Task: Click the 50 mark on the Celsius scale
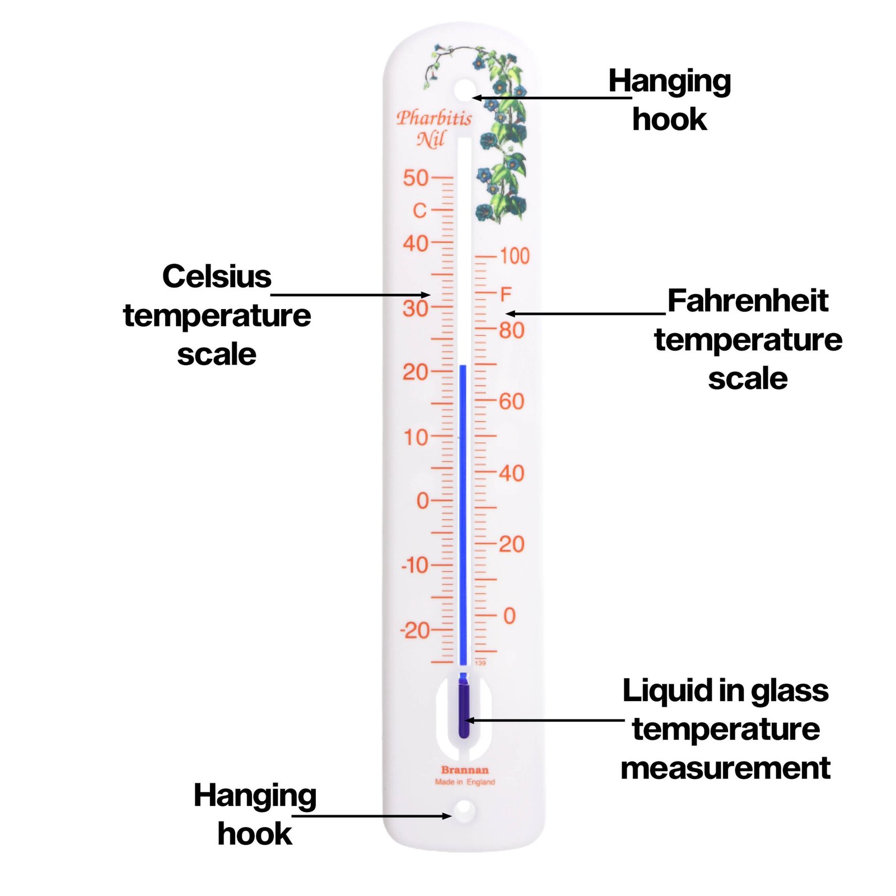click(416, 178)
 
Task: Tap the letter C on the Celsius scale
click(419, 211)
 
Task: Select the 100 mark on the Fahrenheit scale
click(515, 256)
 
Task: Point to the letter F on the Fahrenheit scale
click(506, 294)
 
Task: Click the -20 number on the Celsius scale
click(415, 631)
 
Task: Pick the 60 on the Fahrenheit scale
click(512, 402)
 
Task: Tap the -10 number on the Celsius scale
click(415, 566)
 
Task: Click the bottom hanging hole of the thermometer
click(464, 809)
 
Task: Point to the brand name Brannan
click(465, 770)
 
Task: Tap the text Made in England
click(465, 782)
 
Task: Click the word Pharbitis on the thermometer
click(434, 118)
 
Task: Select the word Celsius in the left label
click(217, 277)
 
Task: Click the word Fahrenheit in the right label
click(748, 301)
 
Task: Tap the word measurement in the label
click(725, 768)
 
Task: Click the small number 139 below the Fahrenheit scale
click(480, 663)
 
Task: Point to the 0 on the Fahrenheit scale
click(509, 616)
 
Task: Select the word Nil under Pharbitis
click(431, 139)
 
